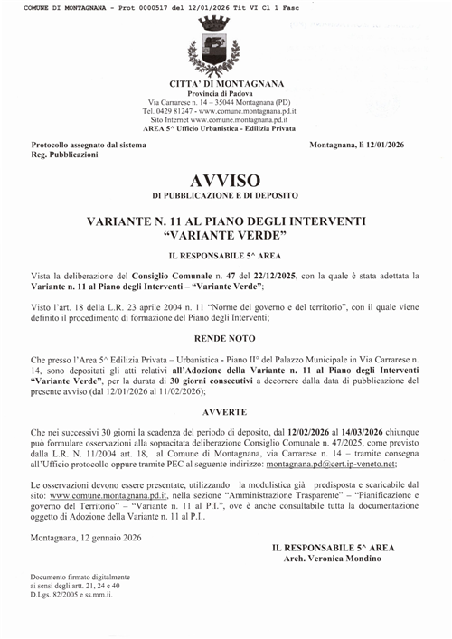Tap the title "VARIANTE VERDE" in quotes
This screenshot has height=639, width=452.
click(227, 235)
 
